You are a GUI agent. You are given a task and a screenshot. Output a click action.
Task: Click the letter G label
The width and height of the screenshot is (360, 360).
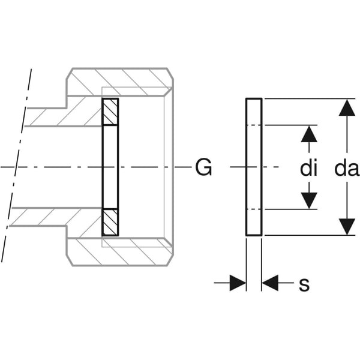pyautogui.click(x=203, y=168)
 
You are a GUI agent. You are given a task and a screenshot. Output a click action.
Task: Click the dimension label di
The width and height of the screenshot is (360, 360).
pyautogui.click(x=308, y=169)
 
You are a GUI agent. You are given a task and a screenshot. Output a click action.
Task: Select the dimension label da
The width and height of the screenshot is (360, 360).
pyautogui.click(x=346, y=169)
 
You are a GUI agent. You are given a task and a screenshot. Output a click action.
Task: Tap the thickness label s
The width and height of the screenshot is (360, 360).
pyautogui.click(x=304, y=284)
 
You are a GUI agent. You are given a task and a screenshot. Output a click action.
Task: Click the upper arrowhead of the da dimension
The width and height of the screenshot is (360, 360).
pyautogui.click(x=346, y=108)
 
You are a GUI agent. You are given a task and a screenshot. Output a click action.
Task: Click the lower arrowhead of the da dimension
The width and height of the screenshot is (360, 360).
pyautogui.click(x=346, y=227)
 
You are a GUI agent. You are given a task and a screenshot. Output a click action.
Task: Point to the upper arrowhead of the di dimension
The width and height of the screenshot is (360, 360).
pyautogui.click(x=308, y=134)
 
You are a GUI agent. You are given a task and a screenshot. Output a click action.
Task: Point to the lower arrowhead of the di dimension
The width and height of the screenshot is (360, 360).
pyautogui.click(x=308, y=200)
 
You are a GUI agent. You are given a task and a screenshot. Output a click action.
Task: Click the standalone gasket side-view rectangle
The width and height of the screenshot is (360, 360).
pyautogui.click(x=254, y=167)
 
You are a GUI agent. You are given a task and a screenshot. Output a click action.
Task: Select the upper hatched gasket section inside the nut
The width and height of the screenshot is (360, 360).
pyautogui.click(x=110, y=112)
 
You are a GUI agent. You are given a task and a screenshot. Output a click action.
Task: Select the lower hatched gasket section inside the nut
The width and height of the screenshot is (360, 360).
pyautogui.click(x=110, y=222)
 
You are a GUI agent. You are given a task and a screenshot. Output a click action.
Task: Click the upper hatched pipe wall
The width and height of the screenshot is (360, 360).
pyautogui.click(x=60, y=117)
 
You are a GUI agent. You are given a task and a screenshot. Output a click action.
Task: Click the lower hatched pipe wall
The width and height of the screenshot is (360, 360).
pyautogui.click(x=60, y=217)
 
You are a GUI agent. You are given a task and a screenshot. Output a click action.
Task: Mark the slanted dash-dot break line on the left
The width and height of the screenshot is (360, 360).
pyautogui.click(x=16, y=168)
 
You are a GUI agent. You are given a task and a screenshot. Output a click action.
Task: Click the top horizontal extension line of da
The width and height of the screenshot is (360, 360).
pyautogui.click(x=306, y=98)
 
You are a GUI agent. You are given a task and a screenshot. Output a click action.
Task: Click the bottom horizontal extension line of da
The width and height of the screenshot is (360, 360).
pyautogui.click(x=306, y=235)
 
